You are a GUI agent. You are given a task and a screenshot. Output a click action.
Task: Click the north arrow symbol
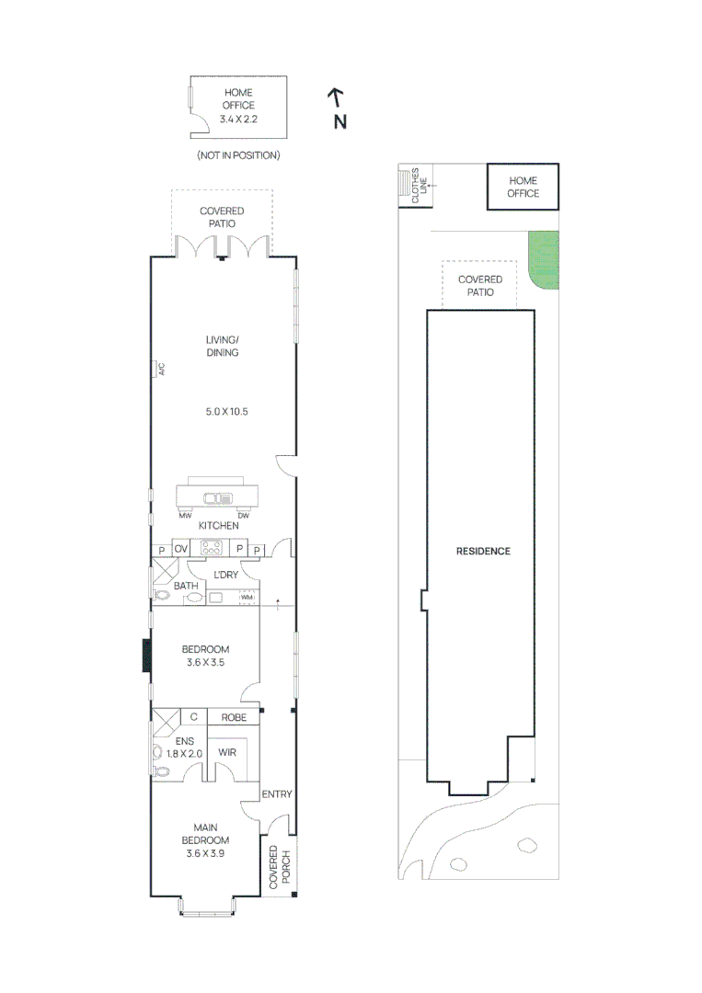click(337, 95)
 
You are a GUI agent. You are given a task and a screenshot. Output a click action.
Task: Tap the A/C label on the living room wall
click(159, 369)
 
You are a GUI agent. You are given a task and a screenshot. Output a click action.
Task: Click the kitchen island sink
click(217, 497)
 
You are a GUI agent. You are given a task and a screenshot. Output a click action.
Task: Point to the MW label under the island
click(185, 515)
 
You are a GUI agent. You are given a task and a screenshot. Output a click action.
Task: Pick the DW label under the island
click(244, 515)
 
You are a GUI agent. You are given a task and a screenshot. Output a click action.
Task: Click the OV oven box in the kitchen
click(181, 549)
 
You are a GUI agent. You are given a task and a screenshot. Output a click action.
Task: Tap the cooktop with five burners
click(211, 549)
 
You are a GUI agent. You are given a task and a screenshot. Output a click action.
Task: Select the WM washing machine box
click(247, 598)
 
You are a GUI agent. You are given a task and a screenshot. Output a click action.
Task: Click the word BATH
click(186, 586)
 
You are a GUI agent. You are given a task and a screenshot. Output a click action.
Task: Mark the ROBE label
click(233, 717)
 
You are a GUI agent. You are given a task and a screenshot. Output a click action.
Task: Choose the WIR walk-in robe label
click(226, 752)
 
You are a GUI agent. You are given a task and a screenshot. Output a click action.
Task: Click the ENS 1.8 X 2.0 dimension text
click(183, 747)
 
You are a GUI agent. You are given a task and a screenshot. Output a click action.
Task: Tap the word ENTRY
click(277, 794)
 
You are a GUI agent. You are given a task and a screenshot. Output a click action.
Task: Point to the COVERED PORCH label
click(279, 866)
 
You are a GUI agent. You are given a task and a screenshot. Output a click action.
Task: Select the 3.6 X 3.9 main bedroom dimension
click(205, 853)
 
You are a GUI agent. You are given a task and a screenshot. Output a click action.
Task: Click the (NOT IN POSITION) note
click(238, 155)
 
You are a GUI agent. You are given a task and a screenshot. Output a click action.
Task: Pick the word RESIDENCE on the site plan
click(483, 552)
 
